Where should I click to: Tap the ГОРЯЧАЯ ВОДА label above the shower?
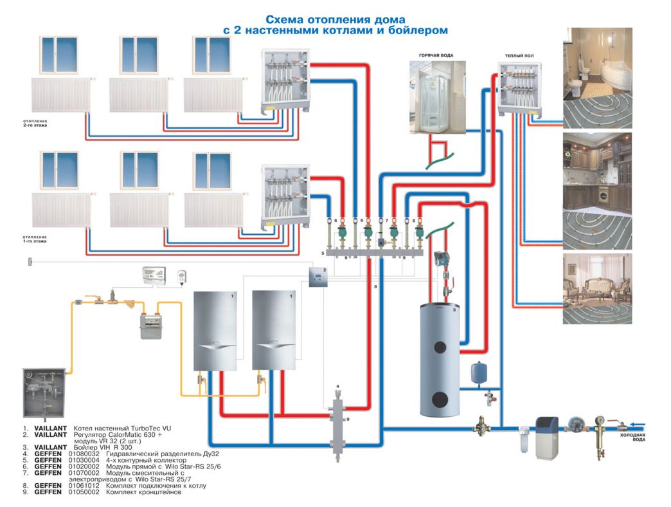point(436,56)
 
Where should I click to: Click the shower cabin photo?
point(436,97)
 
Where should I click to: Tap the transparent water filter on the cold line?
point(524,438)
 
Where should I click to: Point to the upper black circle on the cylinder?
point(440,347)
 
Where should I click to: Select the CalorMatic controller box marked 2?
point(319,279)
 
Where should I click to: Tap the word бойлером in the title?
point(420,30)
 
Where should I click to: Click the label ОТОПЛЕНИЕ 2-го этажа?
point(33,123)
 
